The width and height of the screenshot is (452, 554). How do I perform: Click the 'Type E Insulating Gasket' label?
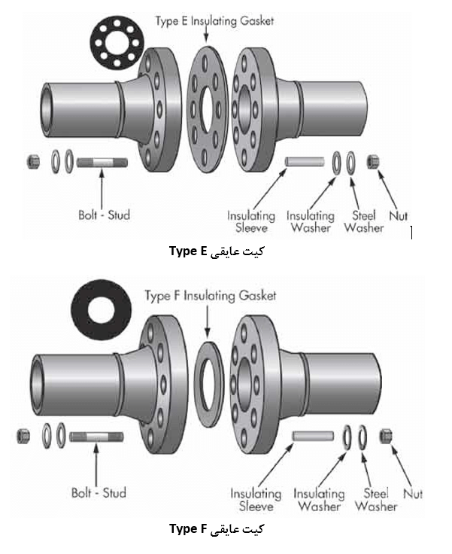(x=214, y=20)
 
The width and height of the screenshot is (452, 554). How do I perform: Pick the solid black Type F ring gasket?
(x=105, y=314)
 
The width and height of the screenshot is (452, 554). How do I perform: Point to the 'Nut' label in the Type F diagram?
(x=412, y=494)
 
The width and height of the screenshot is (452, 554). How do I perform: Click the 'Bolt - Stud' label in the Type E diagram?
(x=104, y=215)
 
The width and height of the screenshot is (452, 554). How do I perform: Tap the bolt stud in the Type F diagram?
(x=96, y=435)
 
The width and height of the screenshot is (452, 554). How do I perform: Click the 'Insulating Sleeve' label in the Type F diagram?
(x=256, y=500)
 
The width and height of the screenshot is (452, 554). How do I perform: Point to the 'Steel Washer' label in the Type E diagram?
(x=363, y=221)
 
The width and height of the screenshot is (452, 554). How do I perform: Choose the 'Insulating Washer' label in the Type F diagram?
(x=319, y=500)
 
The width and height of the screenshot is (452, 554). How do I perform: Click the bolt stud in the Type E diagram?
(x=102, y=161)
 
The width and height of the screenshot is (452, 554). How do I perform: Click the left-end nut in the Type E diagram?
(x=32, y=160)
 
